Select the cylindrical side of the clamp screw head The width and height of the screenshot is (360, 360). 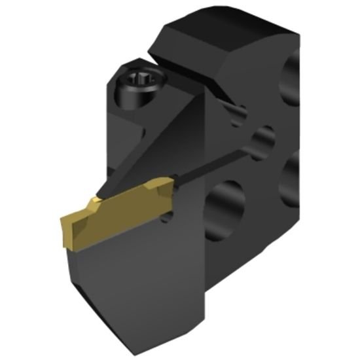point(128,98)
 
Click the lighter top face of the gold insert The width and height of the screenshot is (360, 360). point(124,196)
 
